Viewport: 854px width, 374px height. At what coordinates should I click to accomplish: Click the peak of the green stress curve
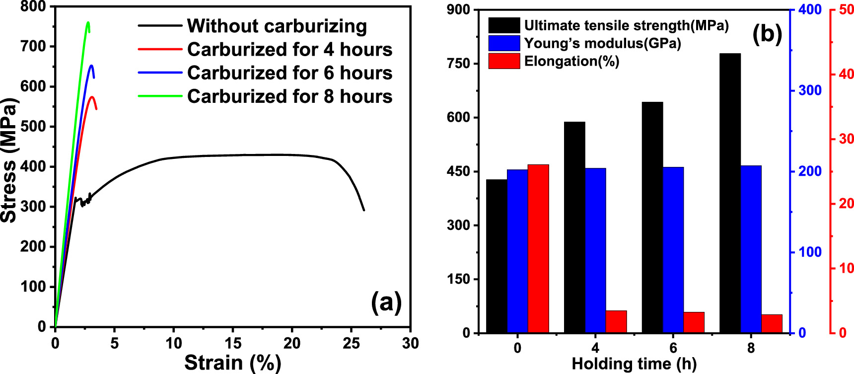[88, 22]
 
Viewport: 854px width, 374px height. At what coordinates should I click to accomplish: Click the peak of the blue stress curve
[91, 66]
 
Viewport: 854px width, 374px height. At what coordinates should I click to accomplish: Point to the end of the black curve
[364, 210]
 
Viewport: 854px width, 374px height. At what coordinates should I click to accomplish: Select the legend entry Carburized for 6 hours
[289, 73]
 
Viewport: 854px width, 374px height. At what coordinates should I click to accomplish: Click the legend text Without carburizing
[277, 26]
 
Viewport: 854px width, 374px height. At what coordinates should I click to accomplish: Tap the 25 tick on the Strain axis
[351, 343]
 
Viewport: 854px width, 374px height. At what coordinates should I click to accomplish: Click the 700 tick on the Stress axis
[33, 47]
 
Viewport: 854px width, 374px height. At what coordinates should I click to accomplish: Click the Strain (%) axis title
[232, 363]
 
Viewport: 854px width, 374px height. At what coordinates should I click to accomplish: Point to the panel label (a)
[386, 302]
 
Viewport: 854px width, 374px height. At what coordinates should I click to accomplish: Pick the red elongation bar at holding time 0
[538, 248]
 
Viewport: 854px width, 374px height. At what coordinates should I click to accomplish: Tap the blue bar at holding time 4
[595, 250]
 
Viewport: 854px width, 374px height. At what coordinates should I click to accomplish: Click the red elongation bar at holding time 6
[694, 322]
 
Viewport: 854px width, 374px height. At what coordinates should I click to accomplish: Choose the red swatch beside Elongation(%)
[504, 61]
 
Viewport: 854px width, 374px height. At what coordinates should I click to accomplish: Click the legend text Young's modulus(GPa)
[602, 44]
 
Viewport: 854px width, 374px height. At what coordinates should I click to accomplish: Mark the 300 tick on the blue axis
[810, 90]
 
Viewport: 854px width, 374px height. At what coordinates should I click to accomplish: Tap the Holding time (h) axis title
[634, 364]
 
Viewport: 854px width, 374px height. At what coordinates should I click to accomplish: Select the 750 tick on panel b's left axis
[458, 64]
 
